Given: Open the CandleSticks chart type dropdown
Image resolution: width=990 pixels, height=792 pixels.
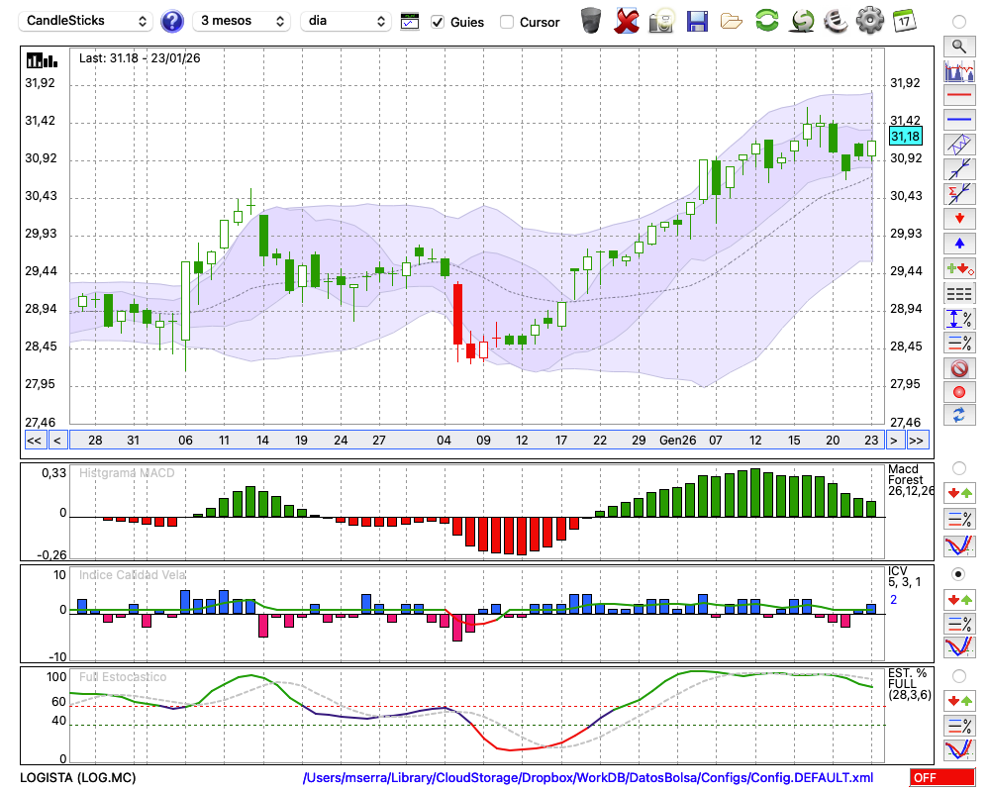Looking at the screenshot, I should point(87,21).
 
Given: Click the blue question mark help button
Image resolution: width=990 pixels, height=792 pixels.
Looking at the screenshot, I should point(171,21).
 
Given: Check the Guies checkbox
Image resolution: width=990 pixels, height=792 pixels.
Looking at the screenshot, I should point(439,22).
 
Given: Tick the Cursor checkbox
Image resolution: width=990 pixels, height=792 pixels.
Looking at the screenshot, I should point(507,22).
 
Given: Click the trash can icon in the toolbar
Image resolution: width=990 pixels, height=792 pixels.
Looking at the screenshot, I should point(591,20).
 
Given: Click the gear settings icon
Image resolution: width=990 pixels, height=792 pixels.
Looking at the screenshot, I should point(869,20).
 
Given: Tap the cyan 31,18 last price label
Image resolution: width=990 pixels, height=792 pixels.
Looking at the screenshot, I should point(905,137).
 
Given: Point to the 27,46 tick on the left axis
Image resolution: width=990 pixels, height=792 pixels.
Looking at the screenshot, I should point(41,422).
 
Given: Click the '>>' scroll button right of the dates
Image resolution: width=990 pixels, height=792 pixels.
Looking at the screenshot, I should point(918,441).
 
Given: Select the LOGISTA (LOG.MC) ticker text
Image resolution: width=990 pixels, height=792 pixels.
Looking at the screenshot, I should point(78,778).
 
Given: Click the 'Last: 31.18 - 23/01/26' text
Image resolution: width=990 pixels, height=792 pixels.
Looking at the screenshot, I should point(140,58).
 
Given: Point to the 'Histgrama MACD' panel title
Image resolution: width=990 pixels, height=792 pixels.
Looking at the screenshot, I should point(127,473).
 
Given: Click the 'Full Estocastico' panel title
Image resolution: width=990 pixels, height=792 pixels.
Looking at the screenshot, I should point(123,677).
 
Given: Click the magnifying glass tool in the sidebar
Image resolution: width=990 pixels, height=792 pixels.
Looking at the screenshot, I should point(958,46).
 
